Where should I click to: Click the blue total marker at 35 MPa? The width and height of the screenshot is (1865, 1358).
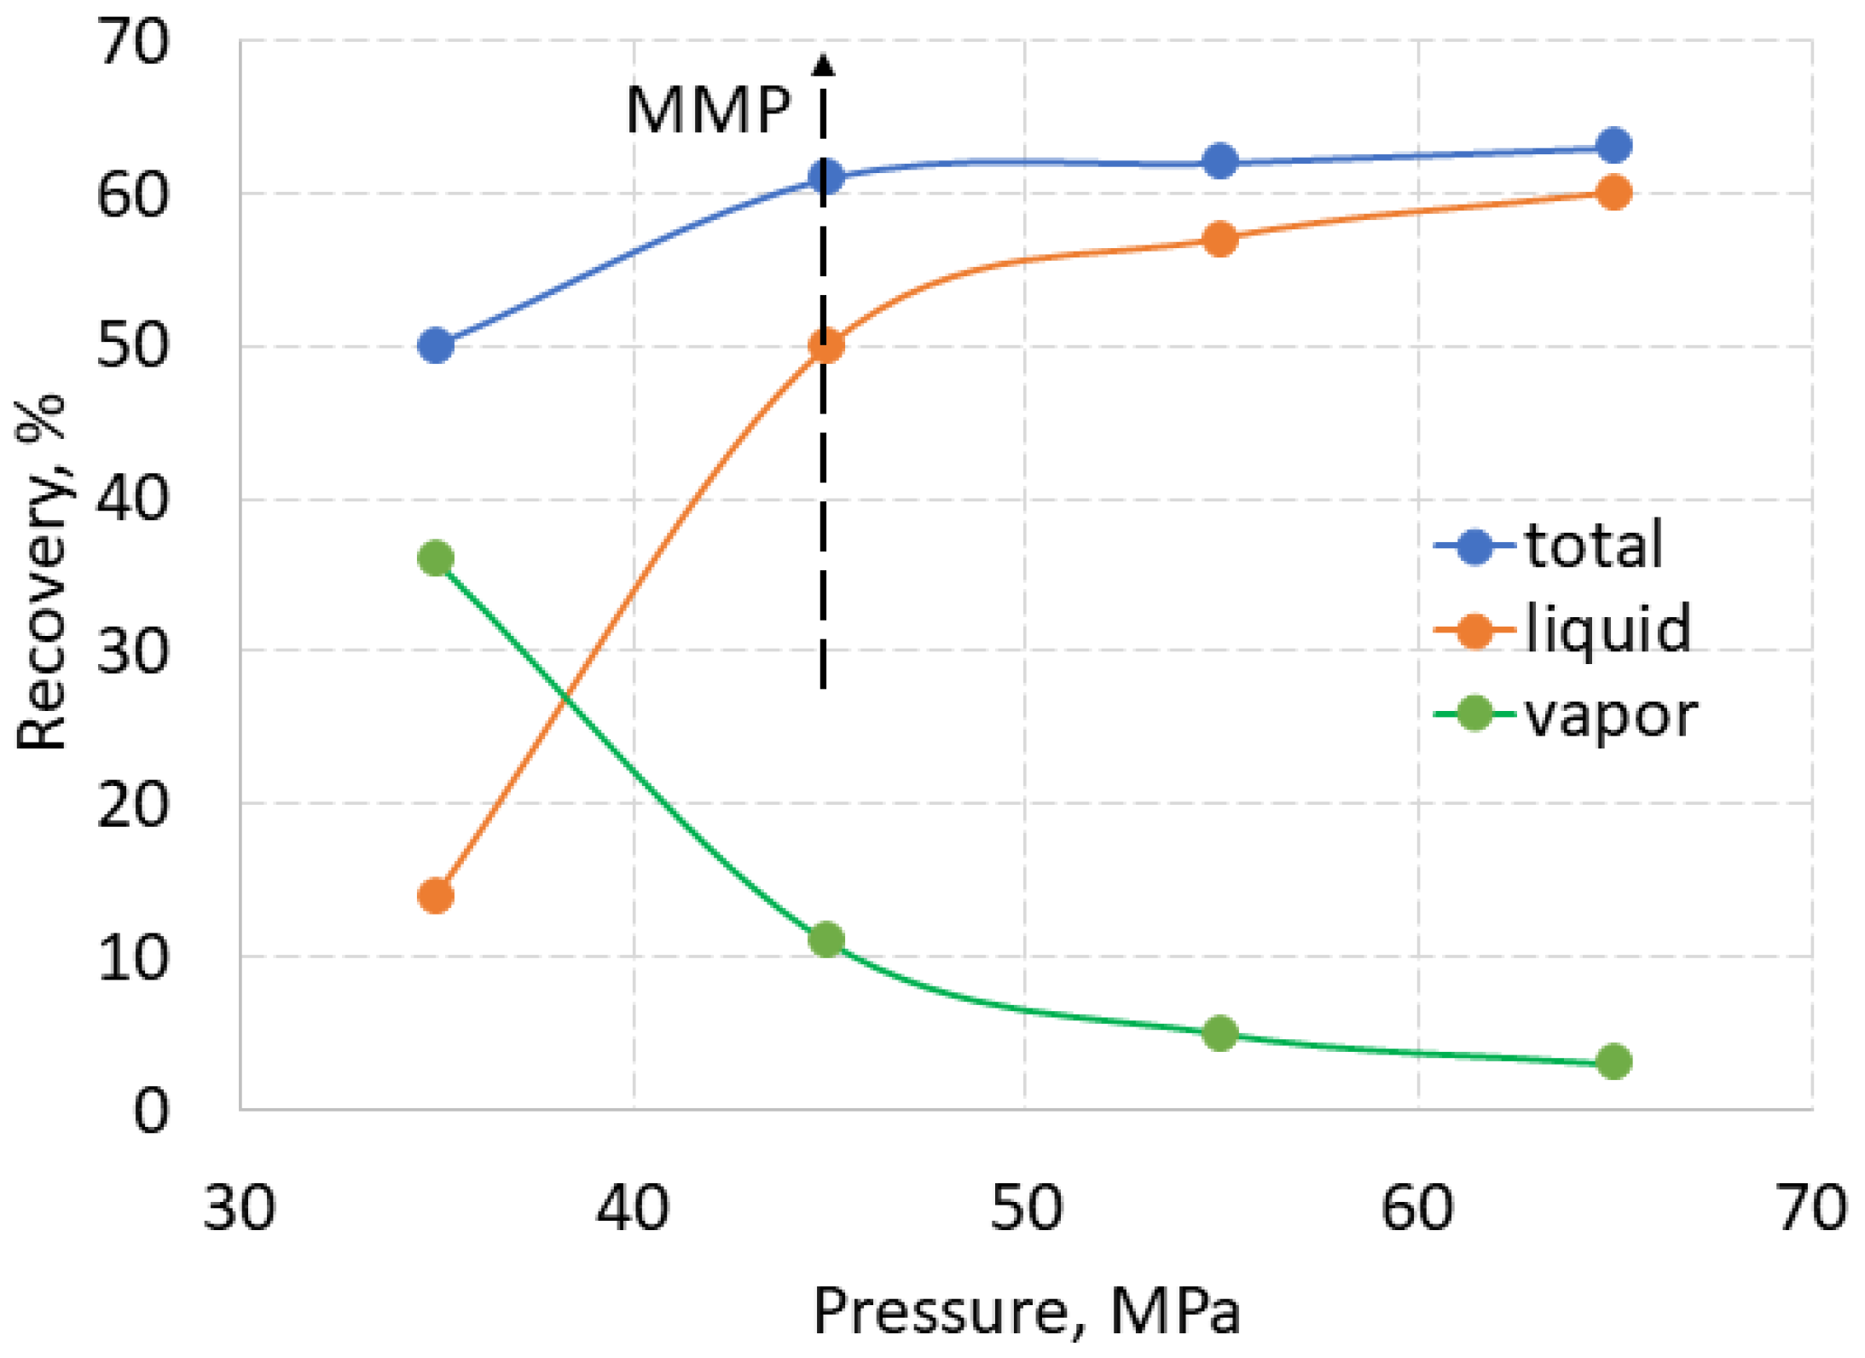coord(436,346)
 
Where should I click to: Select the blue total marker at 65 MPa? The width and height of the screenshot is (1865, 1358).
coord(1613,146)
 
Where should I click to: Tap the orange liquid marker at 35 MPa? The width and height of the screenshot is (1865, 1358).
coord(436,896)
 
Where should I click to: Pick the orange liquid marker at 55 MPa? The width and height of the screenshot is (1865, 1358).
coord(1219,240)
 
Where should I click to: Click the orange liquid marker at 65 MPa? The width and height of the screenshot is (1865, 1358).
coord(1613,193)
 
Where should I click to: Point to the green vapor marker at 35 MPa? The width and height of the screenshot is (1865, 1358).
coord(436,559)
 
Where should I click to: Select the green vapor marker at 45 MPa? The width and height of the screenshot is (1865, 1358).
coord(826,939)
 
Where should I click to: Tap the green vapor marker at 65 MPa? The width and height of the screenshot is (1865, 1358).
coord(1613,1061)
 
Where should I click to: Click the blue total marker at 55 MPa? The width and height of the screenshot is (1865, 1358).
coord(1219,161)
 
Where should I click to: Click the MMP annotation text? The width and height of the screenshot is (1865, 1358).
coord(708,111)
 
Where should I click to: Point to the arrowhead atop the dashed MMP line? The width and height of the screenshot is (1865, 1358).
coord(823,65)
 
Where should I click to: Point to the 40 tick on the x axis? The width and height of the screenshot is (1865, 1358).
coord(632,1209)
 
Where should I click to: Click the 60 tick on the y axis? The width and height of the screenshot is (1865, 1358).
coord(132,195)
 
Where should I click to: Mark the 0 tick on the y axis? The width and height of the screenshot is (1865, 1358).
coord(151,1111)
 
